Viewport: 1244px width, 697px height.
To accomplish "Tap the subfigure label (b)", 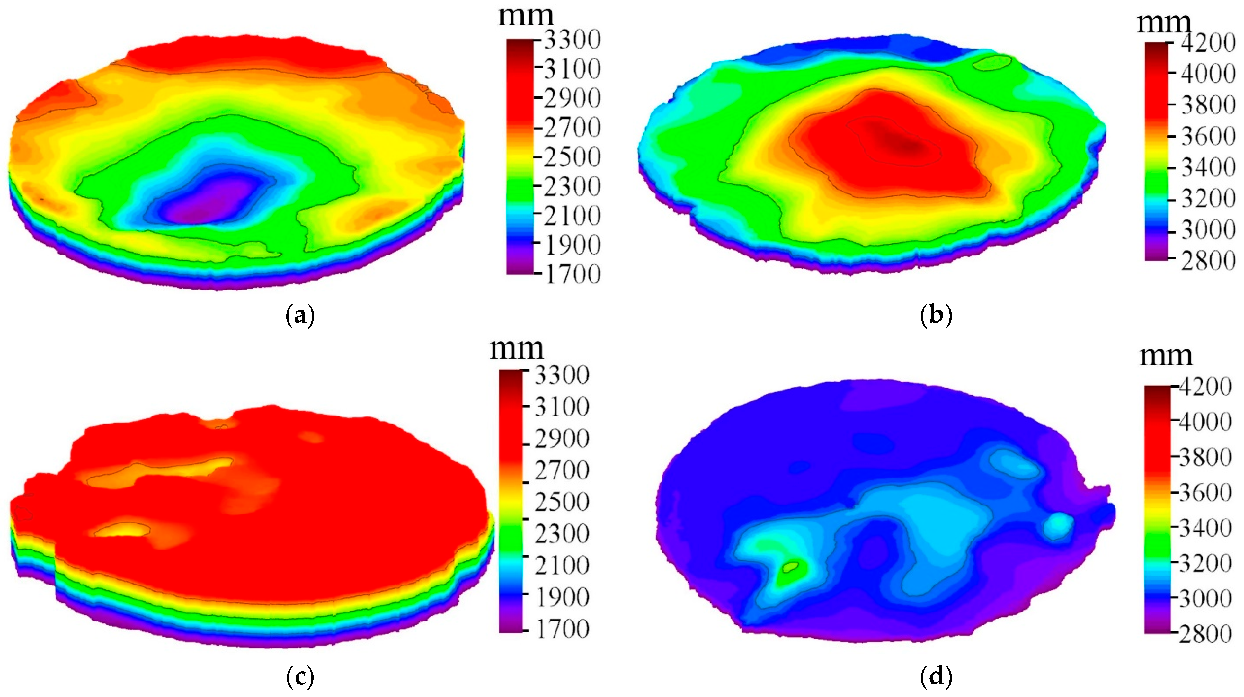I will pos(936,317).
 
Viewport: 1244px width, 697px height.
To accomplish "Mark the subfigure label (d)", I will pos(936,678).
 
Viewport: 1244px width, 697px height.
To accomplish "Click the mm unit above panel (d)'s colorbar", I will pos(1166,356).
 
